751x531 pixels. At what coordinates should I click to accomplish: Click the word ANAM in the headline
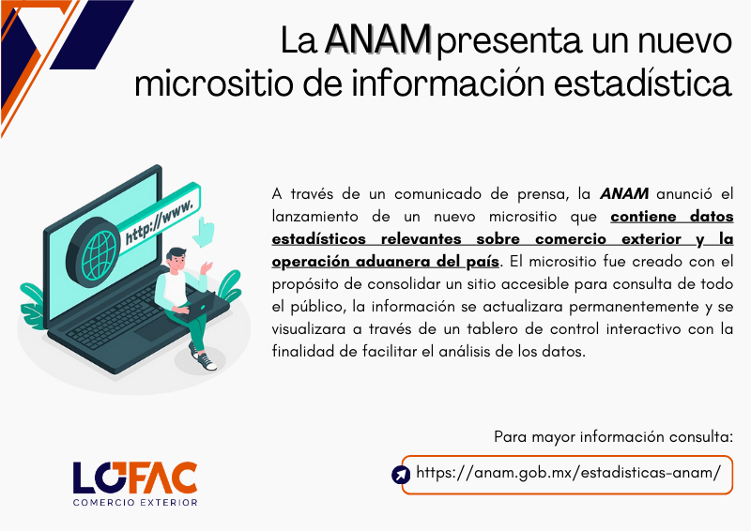pyautogui.click(x=378, y=39)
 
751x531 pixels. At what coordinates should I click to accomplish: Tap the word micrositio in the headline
pyautogui.click(x=214, y=83)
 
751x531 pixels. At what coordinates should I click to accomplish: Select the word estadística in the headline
pyautogui.click(x=643, y=83)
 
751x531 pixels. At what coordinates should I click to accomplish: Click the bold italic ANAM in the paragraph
pyautogui.click(x=624, y=193)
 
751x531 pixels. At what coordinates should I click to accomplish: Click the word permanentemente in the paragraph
pyautogui.click(x=634, y=307)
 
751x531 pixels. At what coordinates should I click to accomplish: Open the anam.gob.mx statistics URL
pyautogui.click(x=568, y=473)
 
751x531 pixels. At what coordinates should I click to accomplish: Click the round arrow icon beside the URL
pyautogui.click(x=401, y=475)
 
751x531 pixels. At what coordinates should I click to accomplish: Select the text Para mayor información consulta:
pyautogui.click(x=613, y=436)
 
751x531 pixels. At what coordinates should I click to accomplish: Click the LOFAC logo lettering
pyautogui.click(x=135, y=478)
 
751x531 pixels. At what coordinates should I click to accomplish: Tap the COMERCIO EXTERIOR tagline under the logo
pyautogui.click(x=135, y=503)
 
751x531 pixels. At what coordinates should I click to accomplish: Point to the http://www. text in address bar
pyautogui.click(x=160, y=221)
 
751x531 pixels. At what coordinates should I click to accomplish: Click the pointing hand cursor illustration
pyautogui.click(x=205, y=233)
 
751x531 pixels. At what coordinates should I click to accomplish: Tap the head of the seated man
pyautogui.click(x=176, y=260)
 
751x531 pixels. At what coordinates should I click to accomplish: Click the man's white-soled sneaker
pyautogui.click(x=208, y=362)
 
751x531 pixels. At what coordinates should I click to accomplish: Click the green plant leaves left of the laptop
pyautogui.click(x=33, y=306)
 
